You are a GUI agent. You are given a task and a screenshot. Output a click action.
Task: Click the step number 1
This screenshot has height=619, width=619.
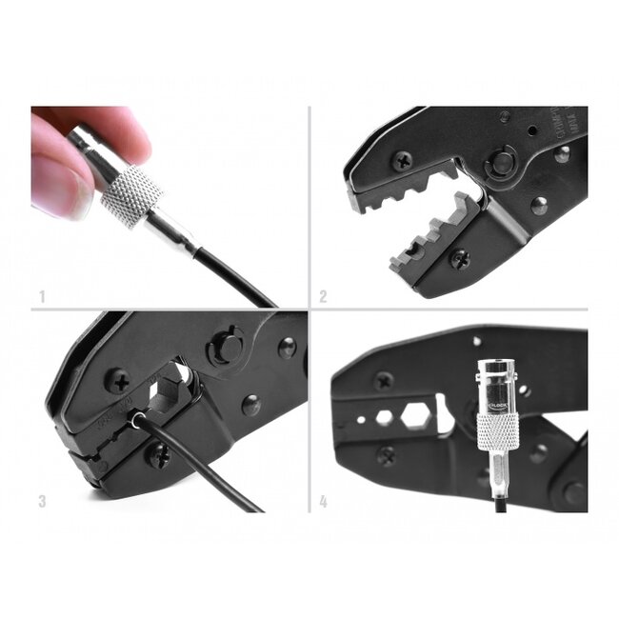pos(39,297)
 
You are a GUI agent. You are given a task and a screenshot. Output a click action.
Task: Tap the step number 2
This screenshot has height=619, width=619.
pos(324,297)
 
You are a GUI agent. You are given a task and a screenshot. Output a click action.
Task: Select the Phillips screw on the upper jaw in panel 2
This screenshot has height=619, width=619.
pos(403,161)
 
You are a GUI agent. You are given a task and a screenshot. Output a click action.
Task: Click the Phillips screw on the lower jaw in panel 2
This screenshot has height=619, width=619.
pos(459,258)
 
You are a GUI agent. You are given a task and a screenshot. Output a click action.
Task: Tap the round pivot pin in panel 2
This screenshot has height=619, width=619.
pos(501,163)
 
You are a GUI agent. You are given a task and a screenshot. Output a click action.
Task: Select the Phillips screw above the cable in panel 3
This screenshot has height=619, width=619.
pos(119,381)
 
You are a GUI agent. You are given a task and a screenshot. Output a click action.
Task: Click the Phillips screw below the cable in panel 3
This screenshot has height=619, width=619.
pos(158,454)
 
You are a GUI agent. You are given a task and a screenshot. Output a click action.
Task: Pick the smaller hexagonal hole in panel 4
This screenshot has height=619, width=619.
pos(385,418)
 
